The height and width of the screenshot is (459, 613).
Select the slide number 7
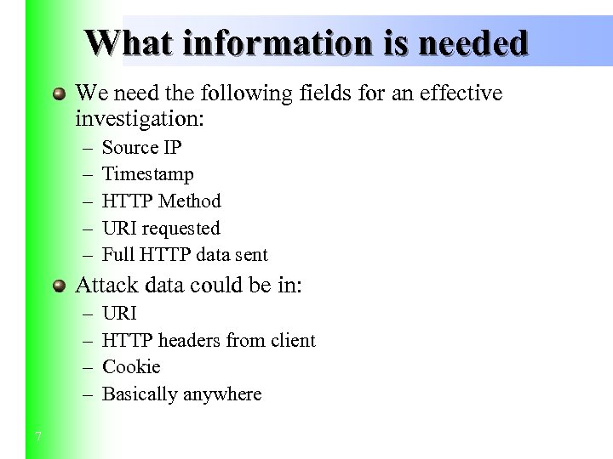(38, 437)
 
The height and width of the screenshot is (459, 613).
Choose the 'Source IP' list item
(141, 147)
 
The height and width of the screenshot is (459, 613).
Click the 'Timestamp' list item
(147, 174)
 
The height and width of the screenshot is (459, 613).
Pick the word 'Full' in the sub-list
(116, 255)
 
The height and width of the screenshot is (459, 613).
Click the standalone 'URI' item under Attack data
(119, 314)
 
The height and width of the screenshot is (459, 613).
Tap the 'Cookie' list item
(131, 367)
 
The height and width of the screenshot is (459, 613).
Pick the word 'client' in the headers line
(293, 341)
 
